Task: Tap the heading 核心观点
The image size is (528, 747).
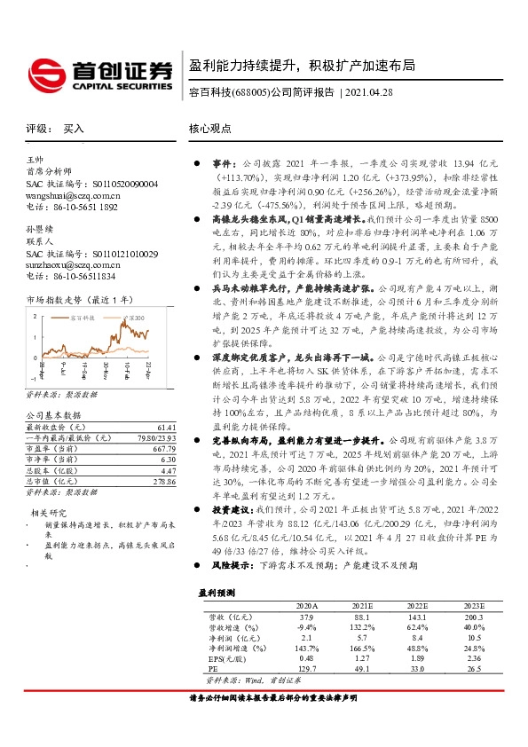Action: [211, 129]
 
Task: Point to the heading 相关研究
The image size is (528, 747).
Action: [50, 512]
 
